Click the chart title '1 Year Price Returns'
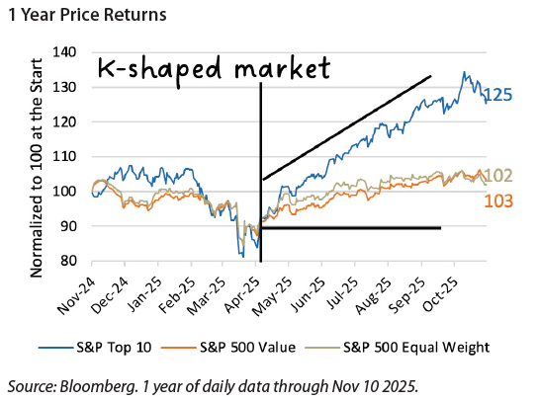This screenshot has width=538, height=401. tap(86, 17)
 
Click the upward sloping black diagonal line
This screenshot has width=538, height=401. tap(346, 127)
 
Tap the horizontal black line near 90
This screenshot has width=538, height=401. tap(351, 228)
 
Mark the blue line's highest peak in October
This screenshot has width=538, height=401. tap(462, 73)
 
